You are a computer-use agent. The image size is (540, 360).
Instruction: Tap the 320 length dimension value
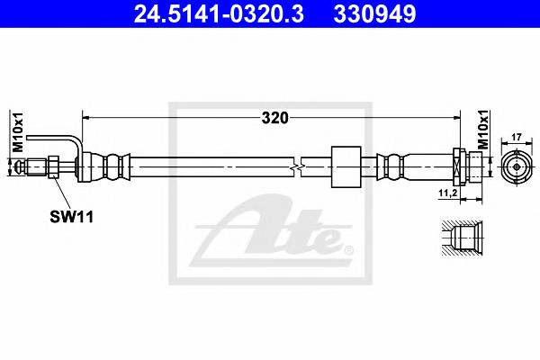point(273,116)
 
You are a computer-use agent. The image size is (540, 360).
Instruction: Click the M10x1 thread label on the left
point(15,135)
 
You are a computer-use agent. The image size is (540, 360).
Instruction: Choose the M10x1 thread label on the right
point(482,131)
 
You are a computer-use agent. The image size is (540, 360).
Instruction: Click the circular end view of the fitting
point(517,166)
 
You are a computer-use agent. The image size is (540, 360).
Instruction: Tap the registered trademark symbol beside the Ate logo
point(348,249)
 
